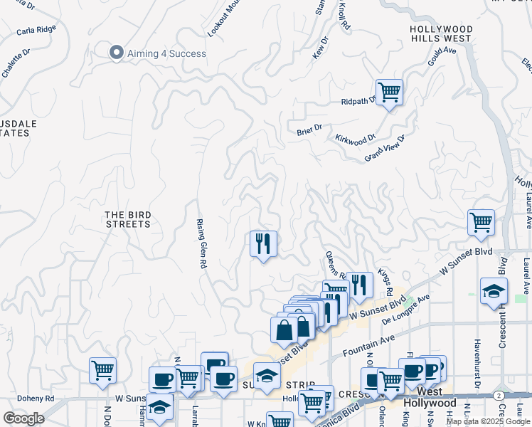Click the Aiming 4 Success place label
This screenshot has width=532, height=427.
(x=166, y=53)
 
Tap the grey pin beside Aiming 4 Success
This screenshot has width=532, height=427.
(x=116, y=53)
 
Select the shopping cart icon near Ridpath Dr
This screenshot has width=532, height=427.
(x=389, y=93)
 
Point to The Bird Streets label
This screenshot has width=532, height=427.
(x=128, y=219)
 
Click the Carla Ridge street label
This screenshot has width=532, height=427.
(x=36, y=31)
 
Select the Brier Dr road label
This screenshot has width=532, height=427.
(x=309, y=130)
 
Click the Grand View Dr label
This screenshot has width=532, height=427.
(x=384, y=149)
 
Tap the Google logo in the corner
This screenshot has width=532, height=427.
(x=23, y=418)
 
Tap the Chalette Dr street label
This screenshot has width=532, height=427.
(x=16, y=63)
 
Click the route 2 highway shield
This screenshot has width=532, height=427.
(x=501, y=395)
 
